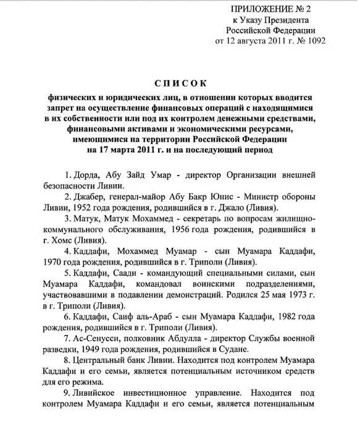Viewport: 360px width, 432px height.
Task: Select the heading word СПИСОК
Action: [x=178, y=83]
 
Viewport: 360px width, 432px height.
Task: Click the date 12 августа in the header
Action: [x=249, y=41]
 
